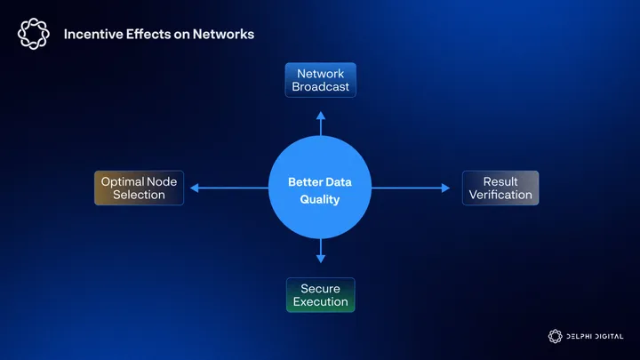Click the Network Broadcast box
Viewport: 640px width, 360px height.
320,80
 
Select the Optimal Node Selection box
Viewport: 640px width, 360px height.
139,188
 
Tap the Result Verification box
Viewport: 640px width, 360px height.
500,188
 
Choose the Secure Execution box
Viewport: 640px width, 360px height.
320,295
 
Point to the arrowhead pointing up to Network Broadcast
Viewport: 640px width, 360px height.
320,116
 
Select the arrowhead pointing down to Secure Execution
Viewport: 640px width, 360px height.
320,259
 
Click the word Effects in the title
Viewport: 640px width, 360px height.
148,35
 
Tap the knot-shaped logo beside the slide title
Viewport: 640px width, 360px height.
34,34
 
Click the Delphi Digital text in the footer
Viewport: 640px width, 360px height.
595,336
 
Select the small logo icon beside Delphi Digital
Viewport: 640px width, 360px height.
555,336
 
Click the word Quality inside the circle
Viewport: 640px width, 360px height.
320,200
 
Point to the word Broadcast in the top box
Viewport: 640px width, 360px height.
320,87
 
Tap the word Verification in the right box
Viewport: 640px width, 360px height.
500,195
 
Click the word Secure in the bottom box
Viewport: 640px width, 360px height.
320,289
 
